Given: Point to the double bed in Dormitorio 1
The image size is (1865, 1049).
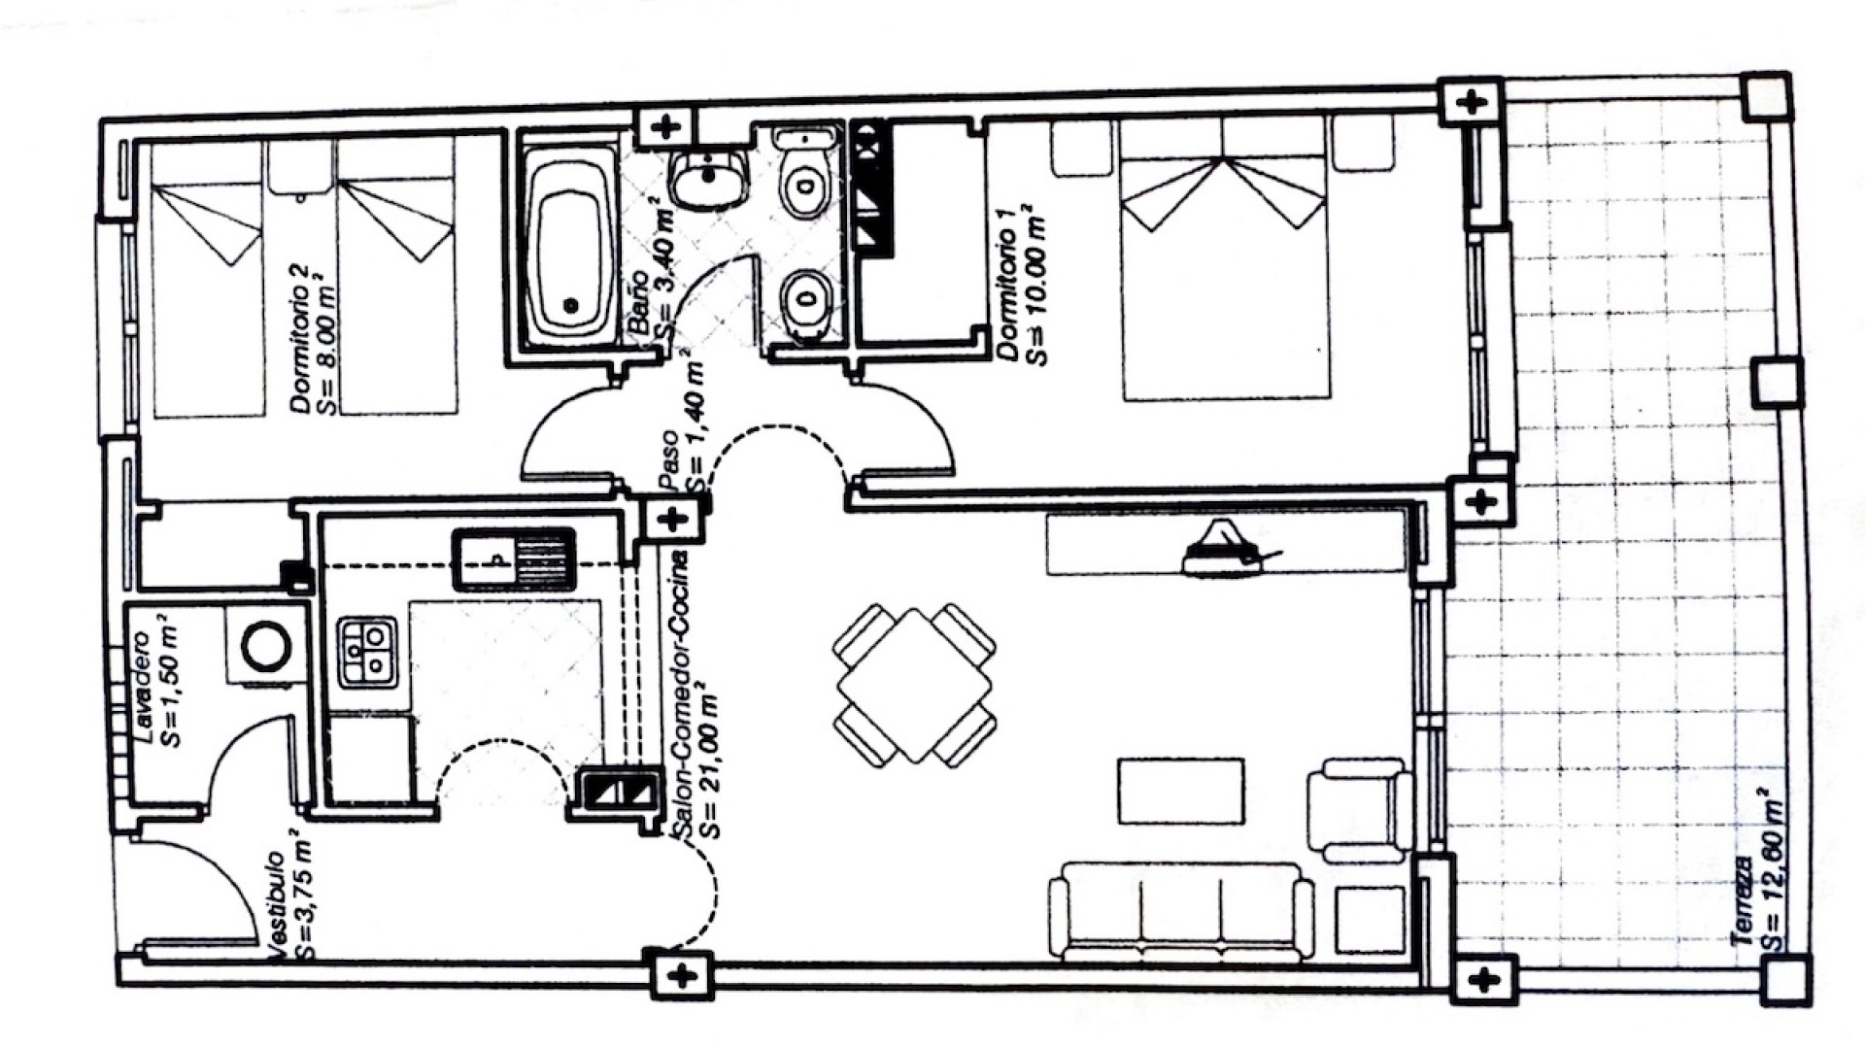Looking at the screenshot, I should point(1224,262).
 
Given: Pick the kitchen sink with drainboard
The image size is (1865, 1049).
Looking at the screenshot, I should point(515,559).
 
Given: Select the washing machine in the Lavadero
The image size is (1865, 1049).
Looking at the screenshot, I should point(265,648).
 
